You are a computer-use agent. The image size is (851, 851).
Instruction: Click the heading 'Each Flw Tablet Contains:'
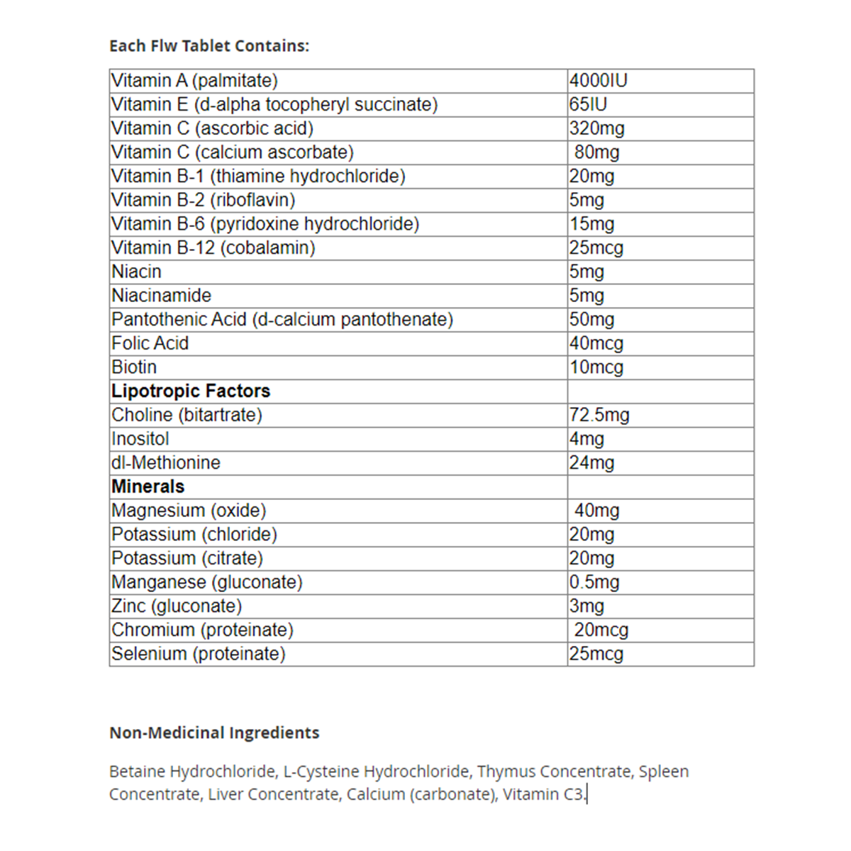point(209,46)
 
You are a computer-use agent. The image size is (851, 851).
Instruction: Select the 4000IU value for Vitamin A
point(599,81)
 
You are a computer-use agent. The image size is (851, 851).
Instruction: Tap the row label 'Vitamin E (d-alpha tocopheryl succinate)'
point(274,105)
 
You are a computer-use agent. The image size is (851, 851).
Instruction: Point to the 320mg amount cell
point(597,128)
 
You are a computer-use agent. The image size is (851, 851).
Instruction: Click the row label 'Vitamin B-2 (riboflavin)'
point(203,200)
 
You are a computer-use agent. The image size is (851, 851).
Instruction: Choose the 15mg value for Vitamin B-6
point(592,224)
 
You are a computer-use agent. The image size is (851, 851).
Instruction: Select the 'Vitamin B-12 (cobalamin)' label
point(213,248)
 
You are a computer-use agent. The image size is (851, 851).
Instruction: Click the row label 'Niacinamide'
point(162,296)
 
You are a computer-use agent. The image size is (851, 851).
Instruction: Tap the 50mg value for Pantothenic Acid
point(592,320)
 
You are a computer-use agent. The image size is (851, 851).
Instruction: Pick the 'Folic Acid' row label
point(150,343)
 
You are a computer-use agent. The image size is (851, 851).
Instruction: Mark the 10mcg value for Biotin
point(596,367)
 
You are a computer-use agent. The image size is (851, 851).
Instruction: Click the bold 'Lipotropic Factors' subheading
point(191,391)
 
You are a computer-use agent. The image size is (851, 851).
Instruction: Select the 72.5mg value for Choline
point(599,415)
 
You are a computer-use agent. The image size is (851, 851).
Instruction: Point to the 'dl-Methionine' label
point(166,463)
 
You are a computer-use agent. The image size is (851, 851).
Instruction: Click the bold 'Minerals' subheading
point(148,486)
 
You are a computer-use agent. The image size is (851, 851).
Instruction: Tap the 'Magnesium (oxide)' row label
point(189,511)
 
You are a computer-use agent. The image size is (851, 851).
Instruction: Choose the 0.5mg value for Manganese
point(594,582)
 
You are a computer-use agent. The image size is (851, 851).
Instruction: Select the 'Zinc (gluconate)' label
point(177,606)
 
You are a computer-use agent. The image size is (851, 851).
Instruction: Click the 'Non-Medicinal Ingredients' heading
point(214,733)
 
